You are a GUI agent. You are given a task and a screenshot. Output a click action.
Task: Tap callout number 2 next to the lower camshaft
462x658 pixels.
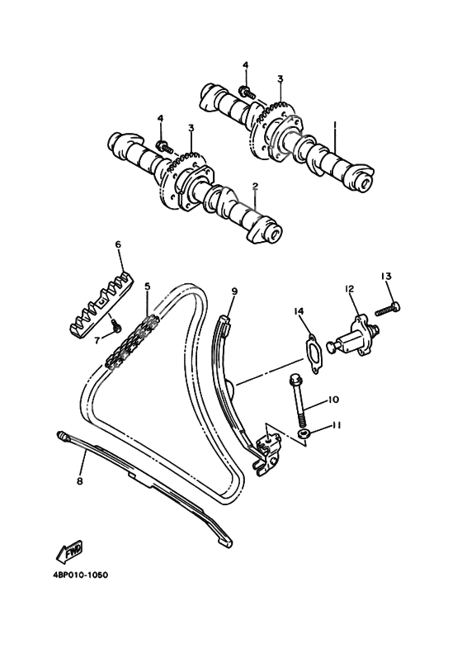(x=256, y=187)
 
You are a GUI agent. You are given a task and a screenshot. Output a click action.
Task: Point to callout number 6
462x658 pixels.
(x=118, y=244)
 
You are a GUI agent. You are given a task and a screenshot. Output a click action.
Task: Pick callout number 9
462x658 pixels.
(x=234, y=291)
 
